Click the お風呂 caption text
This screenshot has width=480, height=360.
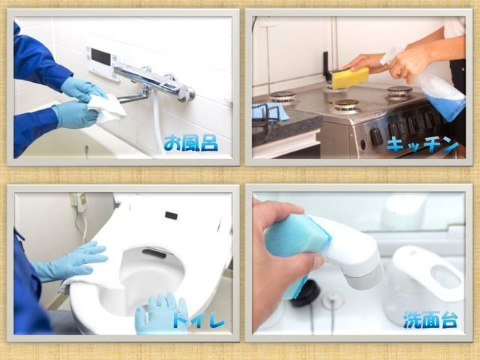[190, 143]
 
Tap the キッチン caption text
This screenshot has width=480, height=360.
[422, 144]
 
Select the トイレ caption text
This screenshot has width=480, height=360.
[198, 319]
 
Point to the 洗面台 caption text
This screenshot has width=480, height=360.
[430, 319]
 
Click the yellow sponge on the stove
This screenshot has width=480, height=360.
[350, 78]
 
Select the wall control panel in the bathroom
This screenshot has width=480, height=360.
[103, 63]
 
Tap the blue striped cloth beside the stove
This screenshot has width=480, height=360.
[271, 111]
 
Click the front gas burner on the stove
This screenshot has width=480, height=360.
[346, 106]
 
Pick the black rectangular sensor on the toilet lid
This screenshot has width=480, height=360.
[171, 215]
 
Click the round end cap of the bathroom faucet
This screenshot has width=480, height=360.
[189, 94]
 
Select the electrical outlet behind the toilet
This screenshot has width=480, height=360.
[79, 202]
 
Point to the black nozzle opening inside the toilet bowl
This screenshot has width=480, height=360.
[154, 253]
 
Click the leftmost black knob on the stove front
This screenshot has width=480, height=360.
[376, 136]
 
